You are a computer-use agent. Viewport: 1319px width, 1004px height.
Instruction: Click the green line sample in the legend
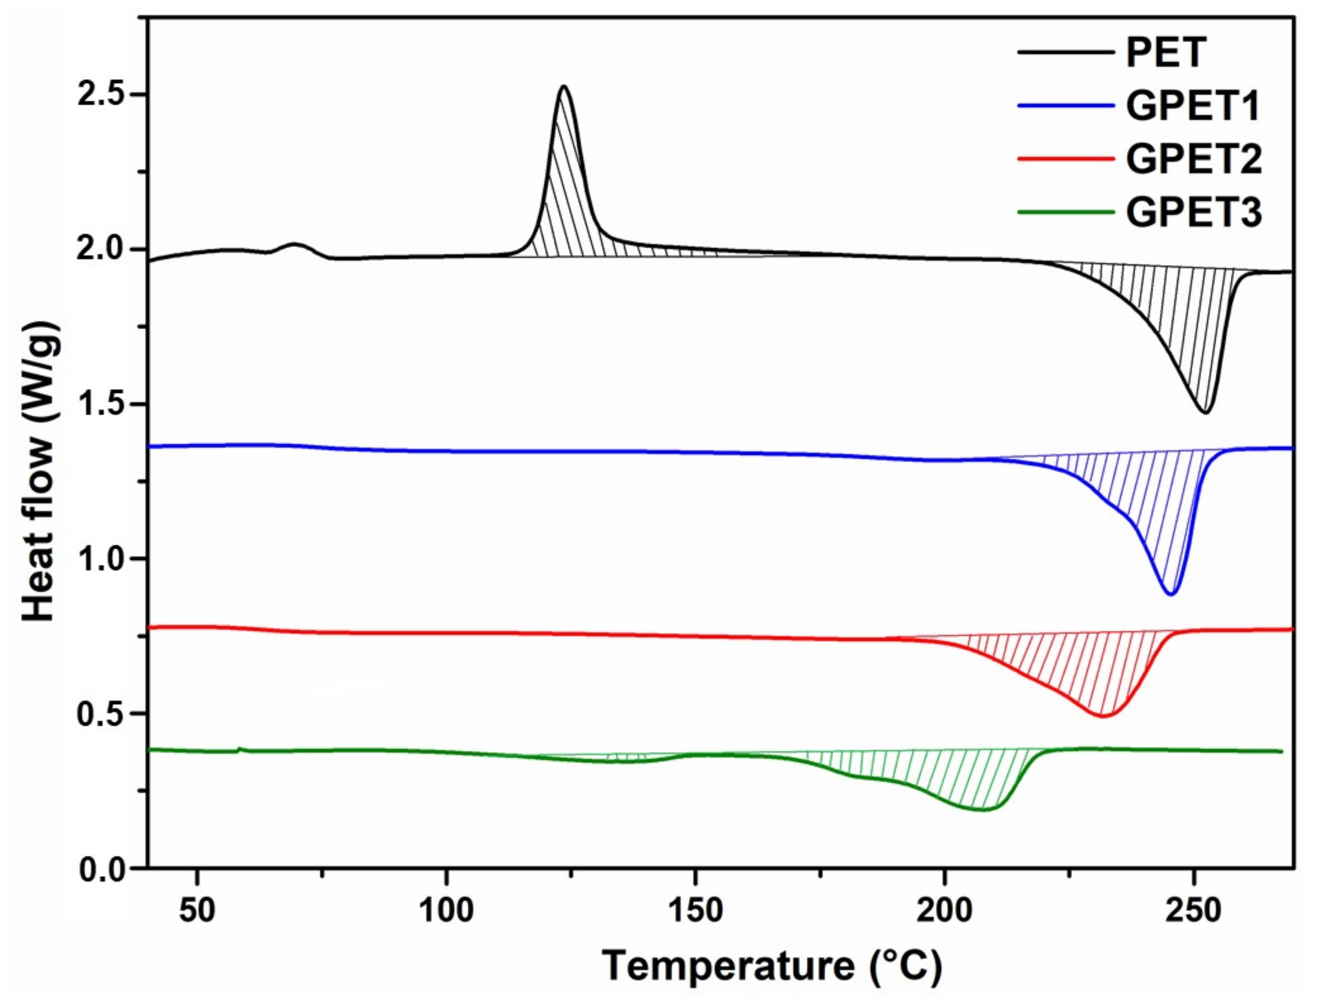coord(1066,212)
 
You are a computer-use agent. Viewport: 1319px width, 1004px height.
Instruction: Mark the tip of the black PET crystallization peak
coord(563,87)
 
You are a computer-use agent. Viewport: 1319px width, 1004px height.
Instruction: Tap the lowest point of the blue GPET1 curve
coord(1172,594)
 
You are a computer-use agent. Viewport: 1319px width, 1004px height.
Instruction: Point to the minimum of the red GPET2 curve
coord(1103,716)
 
